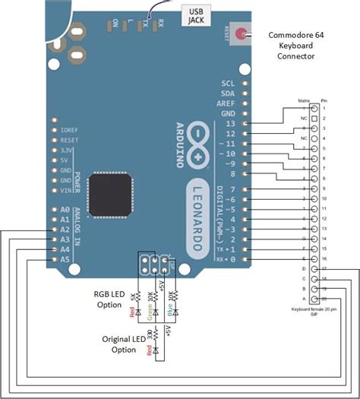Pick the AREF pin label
click(x=227, y=103)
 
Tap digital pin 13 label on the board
click(x=231, y=123)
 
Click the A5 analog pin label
click(x=65, y=260)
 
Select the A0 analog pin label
click(x=65, y=208)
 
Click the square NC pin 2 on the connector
click(x=314, y=119)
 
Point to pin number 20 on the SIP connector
click(x=324, y=299)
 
